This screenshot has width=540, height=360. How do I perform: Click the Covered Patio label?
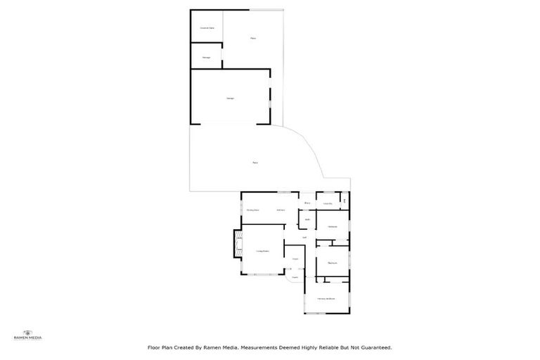[207, 27]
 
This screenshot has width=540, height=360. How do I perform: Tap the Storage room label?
[207, 57]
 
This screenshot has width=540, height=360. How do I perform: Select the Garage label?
[230, 98]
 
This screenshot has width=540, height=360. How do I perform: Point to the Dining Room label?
[252, 210]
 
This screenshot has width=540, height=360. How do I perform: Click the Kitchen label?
[281, 210]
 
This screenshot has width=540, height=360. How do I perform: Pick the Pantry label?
[307, 204]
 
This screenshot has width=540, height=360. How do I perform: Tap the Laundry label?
[328, 204]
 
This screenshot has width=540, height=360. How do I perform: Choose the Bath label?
[307, 219]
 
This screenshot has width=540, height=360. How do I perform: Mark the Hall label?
[304, 238]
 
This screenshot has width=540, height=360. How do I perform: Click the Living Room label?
[263, 251]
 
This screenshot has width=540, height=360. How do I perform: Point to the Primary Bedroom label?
[326, 299]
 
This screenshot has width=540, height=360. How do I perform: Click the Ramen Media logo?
[28, 334]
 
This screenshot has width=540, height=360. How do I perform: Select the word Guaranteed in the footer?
[373, 347]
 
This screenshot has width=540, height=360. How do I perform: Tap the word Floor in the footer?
[154, 347]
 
